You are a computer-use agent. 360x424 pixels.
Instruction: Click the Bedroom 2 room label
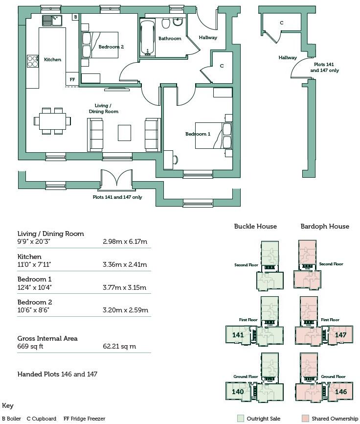(x=111, y=47)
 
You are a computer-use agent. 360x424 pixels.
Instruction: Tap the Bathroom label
(x=170, y=39)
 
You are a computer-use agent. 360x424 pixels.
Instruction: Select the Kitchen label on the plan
(x=53, y=60)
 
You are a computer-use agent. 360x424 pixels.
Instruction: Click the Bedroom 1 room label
(x=198, y=134)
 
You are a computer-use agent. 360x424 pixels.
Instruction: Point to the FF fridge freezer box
(x=72, y=79)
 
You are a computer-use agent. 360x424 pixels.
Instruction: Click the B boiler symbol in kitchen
(x=75, y=17)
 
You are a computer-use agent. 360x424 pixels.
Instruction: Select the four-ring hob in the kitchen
(x=33, y=61)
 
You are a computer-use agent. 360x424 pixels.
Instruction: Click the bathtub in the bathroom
(x=146, y=38)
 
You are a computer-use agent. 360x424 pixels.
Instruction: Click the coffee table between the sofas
(x=125, y=132)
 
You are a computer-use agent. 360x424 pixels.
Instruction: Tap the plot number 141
(x=238, y=335)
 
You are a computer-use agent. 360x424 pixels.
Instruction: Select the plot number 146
(x=340, y=392)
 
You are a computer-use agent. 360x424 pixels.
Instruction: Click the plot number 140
(x=238, y=392)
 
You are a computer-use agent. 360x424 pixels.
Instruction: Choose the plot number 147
(x=340, y=335)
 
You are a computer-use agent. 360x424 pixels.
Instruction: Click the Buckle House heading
(x=255, y=226)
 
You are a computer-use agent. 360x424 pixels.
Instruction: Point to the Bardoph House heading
(x=325, y=226)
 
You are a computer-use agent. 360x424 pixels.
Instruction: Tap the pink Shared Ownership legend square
(x=305, y=419)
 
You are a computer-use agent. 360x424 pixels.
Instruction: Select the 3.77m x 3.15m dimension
(x=125, y=287)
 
